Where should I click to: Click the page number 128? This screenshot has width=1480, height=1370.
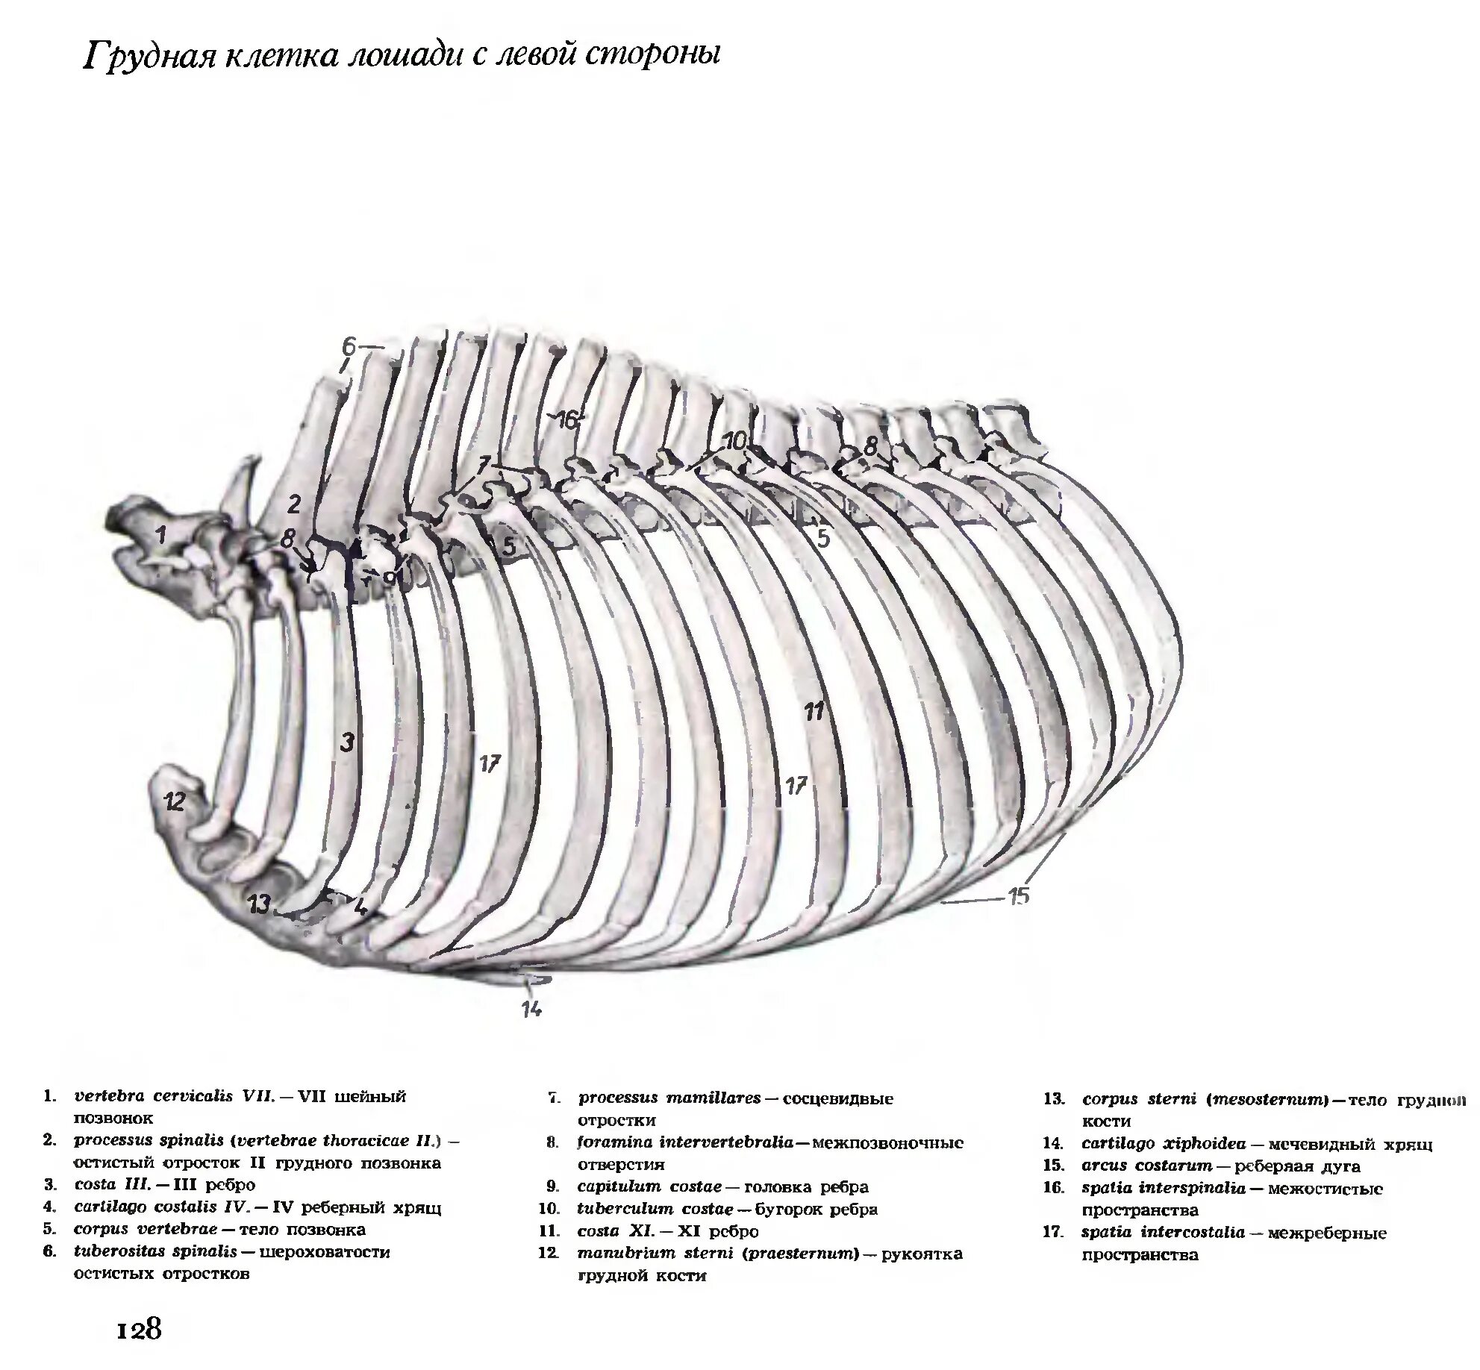click(139, 1328)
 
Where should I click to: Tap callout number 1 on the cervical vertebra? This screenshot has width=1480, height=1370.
click(159, 534)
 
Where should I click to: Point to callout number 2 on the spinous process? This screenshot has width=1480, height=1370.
click(294, 504)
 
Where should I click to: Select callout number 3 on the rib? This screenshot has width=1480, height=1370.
click(346, 742)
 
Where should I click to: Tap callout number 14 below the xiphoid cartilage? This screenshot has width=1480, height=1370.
click(531, 1010)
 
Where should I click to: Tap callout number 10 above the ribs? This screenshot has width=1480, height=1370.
click(734, 442)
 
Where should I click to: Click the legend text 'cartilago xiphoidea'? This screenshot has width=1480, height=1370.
click(1164, 1144)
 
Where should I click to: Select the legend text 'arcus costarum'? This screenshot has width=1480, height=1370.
click(1146, 1166)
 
